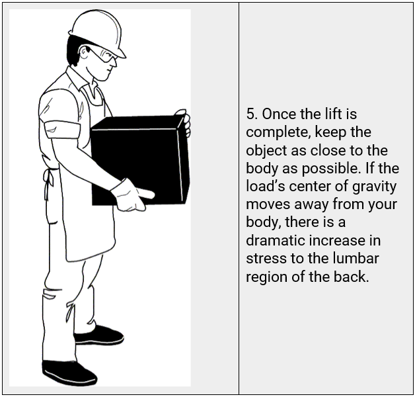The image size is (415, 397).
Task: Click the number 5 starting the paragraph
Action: coord(250,114)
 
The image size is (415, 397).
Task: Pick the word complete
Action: coord(276,132)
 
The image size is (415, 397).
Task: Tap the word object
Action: coord(266,151)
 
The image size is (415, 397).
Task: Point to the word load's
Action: coord(264,187)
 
